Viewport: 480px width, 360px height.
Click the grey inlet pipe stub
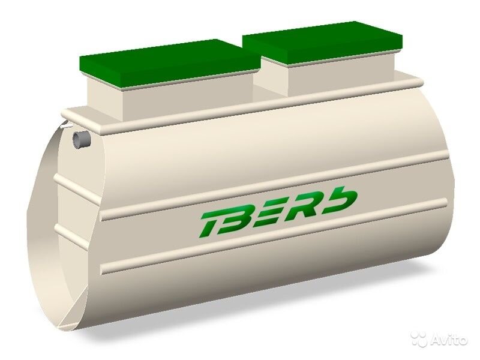[81, 139]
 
